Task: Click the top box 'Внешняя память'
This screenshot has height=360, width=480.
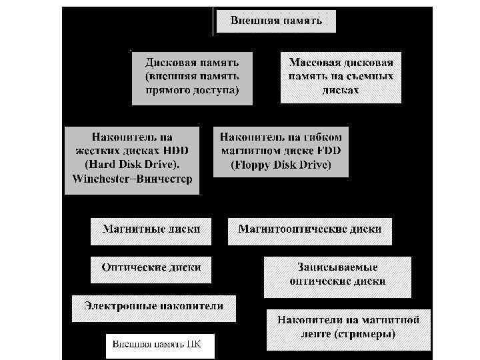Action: tap(276, 21)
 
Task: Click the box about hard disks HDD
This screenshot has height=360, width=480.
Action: tap(132, 159)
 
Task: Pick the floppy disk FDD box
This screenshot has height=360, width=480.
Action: tap(281, 151)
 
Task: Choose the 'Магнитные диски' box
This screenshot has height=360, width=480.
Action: tap(151, 229)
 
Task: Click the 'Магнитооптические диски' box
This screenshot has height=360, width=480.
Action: tap(310, 229)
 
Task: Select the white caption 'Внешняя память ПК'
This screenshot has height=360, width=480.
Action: tap(160, 345)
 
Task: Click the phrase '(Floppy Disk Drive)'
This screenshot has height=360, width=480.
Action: tap(281, 165)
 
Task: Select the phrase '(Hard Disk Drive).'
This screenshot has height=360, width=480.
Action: tap(132, 165)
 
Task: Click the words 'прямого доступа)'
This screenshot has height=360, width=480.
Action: tap(192, 89)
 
